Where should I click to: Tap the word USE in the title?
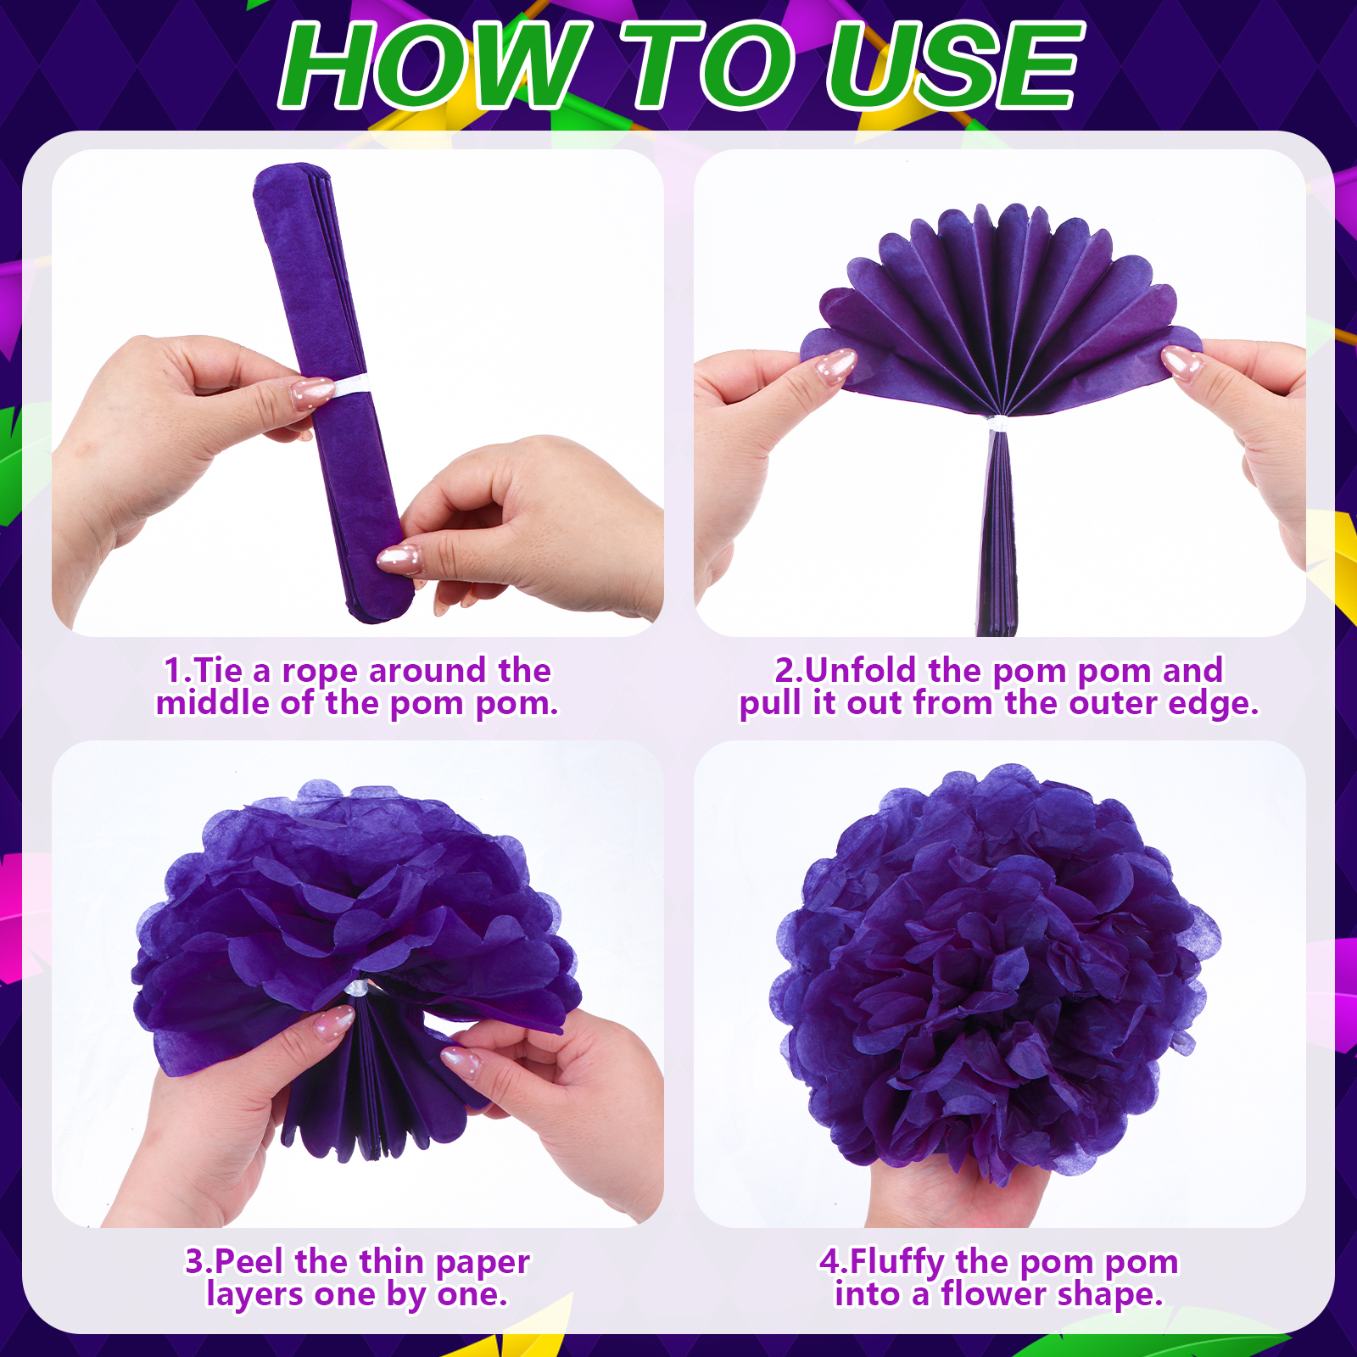955,65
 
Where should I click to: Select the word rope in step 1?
321,671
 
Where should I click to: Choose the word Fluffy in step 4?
897,1263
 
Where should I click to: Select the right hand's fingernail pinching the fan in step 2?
1182,362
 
